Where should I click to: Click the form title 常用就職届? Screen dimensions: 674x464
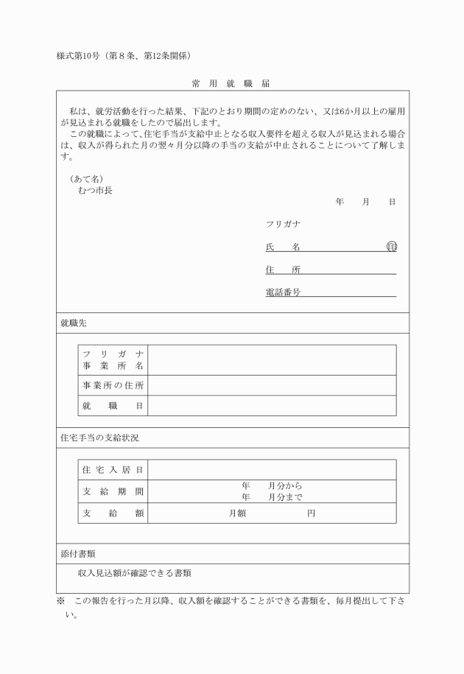[x=231, y=83]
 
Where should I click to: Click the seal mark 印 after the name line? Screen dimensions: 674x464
[x=391, y=247]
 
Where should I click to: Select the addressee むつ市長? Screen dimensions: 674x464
[x=95, y=190]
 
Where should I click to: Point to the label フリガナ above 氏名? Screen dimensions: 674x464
[x=283, y=224]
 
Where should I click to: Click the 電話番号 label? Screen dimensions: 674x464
[x=283, y=292]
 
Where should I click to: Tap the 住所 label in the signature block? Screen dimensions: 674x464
[x=283, y=270]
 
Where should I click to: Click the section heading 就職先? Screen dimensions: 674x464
[x=74, y=323]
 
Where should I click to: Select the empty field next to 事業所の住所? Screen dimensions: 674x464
[x=272, y=385]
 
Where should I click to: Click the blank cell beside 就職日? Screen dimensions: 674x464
[x=272, y=406]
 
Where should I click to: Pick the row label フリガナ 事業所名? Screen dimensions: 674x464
[x=113, y=360]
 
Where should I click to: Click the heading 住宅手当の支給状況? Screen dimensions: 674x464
[x=99, y=438]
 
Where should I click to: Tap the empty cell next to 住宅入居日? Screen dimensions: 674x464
[x=272, y=470]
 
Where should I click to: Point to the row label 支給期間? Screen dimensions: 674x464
[x=113, y=491]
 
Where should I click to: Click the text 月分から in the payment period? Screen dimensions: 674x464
[x=285, y=486]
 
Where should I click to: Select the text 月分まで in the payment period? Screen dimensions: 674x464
[x=285, y=497]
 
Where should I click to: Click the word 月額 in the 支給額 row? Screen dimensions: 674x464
[x=237, y=513]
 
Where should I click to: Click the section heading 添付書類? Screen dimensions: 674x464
[x=78, y=553]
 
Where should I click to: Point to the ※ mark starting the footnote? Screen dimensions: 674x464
[x=61, y=601]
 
